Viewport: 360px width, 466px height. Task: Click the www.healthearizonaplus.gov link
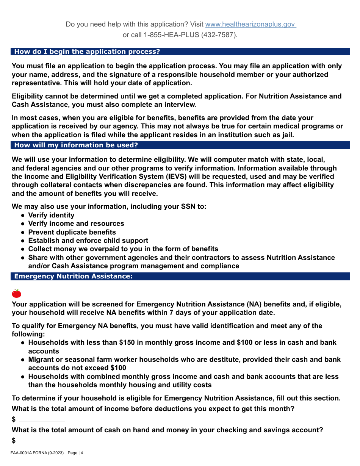[250, 24]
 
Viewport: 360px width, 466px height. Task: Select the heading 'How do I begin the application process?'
[87, 52]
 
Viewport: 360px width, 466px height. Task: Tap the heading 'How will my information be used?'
[76, 145]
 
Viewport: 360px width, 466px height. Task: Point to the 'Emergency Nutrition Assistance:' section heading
[74, 277]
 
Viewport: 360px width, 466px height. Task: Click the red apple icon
[16, 293]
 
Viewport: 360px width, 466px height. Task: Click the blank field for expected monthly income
[42, 419]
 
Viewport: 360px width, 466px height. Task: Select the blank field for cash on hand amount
[42, 441]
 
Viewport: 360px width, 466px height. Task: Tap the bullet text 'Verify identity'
[51, 215]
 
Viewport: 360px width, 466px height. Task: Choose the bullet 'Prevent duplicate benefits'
[72, 232]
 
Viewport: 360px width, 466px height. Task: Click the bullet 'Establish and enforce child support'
[88, 241]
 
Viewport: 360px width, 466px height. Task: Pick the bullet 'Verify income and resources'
[76, 224]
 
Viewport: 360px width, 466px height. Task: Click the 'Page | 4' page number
[75, 453]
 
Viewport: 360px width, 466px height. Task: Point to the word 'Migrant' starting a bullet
[42, 360]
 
